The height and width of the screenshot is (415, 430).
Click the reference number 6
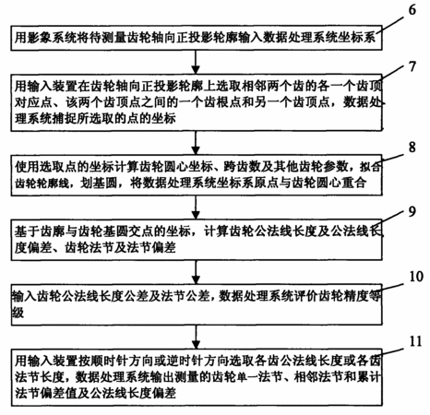[x=412, y=10]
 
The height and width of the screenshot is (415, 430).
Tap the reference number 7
[x=412, y=66]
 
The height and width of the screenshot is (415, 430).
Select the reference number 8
[x=412, y=147]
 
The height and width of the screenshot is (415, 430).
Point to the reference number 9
[x=412, y=211]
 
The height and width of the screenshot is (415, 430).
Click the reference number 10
[x=416, y=276]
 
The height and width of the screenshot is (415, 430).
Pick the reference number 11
[x=416, y=341]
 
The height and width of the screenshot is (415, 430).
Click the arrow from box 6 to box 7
[x=196, y=62]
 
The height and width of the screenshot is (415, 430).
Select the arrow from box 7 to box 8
[x=196, y=143]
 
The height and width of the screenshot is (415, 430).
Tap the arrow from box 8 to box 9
[x=196, y=207]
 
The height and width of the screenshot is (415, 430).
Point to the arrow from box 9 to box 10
[x=196, y=272]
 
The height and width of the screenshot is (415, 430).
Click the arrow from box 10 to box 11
[x=196, y=337]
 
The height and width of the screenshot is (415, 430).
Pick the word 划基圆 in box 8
[x=99, y=184]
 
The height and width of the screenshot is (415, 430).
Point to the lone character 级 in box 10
[x=18, y=313]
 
